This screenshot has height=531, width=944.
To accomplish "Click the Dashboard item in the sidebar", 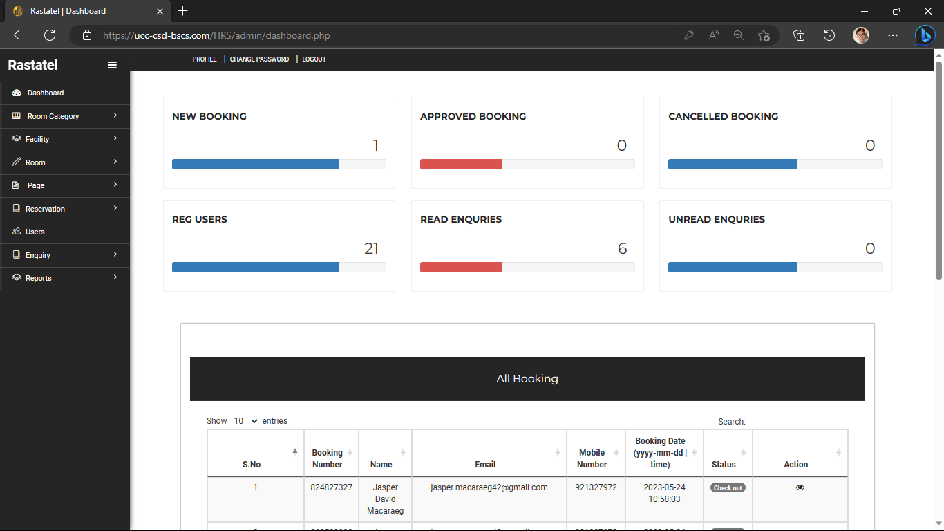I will [46, 93].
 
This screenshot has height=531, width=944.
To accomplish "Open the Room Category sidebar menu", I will [53, 116].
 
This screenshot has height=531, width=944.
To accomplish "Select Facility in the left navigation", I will [37, 139].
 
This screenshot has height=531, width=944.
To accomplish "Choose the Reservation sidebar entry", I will [45, 209].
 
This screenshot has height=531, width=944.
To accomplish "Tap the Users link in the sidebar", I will [35, 232].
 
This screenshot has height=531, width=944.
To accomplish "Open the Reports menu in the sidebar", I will [39, 278].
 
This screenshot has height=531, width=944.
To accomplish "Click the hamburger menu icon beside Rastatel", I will [112, 65].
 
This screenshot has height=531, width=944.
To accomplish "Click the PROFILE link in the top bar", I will [205, 59].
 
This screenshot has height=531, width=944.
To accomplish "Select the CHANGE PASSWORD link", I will [259, 59].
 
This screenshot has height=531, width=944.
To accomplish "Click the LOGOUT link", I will [314, 59].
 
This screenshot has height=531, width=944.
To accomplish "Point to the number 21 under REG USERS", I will [371, 249].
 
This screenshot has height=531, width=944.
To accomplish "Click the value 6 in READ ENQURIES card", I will [622, 249].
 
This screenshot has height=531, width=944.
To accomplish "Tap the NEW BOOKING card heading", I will [209, 116].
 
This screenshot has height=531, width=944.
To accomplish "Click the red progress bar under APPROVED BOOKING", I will [461, 164].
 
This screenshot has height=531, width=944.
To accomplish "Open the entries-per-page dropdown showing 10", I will [245, 421].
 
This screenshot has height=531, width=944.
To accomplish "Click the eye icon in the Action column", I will [800, 487].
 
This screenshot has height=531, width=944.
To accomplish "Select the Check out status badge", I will [728, 487].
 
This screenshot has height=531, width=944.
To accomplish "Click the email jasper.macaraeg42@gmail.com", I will [489, 487].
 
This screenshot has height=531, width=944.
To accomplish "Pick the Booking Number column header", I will [328, 458].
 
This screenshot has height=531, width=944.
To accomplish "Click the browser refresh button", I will [50, 35].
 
